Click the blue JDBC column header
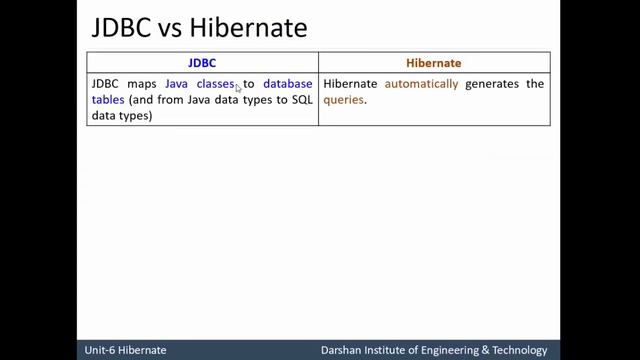click(202, 62)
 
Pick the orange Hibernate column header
click(433, 62)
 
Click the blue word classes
click(215, 84)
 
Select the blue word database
click(287, 84)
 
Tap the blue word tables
click(106, 100)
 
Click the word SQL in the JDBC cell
click(300, 100)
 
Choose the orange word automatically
click(421, 84)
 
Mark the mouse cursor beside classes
click(238, 88)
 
